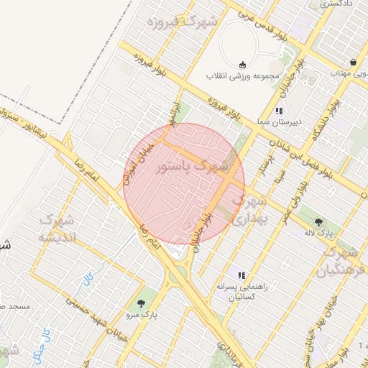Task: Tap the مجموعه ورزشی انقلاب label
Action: coord(240,75)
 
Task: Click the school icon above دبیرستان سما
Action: coord(278,111)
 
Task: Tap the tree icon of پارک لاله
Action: coord(318,221)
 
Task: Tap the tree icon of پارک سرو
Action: coord(141,303)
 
